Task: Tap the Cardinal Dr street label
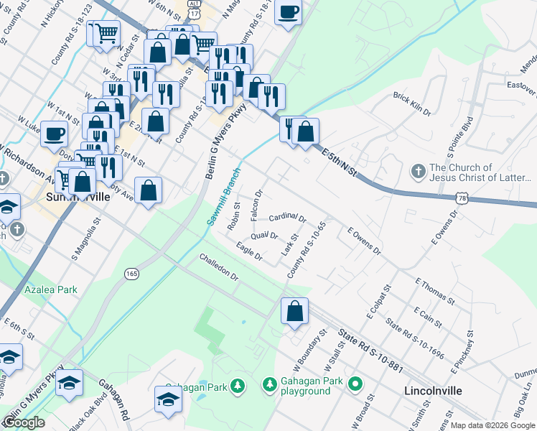(287, 218)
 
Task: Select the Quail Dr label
(264, 236)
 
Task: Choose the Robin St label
(233, 215)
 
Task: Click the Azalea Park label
(50, 289)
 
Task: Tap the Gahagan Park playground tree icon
(270, 386)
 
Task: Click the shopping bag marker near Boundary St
(294, 312)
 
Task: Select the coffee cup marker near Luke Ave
(54, 134)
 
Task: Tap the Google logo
(24, 423)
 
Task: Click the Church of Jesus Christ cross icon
(418, 172)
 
